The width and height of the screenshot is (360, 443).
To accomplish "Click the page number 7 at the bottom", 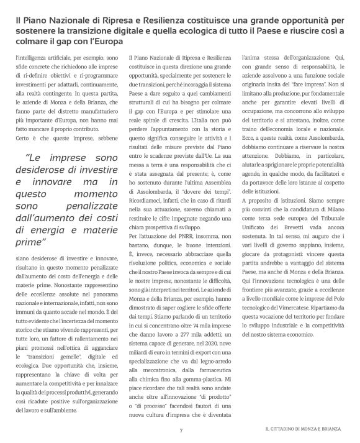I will click(x=181, y=429).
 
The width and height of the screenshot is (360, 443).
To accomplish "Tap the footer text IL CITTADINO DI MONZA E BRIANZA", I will click(x=301, y=429).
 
